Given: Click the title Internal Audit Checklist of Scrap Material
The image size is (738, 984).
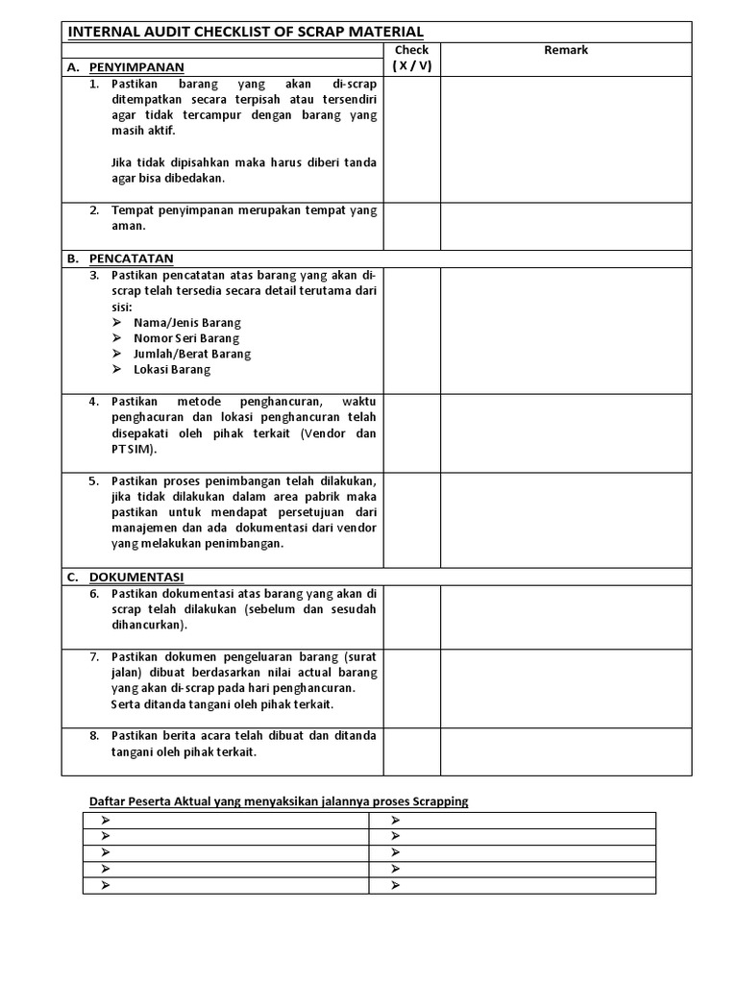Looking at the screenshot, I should click(x=245, y=32).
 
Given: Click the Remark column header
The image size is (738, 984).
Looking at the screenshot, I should click(x=566, y=50).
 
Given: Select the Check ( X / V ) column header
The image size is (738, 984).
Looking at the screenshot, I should click(x=411, y=58).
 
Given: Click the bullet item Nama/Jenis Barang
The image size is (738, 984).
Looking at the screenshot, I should click(x=187, y=323).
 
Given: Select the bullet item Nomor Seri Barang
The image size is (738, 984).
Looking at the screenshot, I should click(x=186, y=338).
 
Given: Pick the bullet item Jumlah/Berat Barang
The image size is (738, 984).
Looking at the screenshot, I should click(x=192, y=354).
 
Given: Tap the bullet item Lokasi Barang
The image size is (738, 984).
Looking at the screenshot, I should click(x=172, y=369).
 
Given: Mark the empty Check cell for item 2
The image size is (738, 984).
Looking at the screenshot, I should click(x=411, y=226).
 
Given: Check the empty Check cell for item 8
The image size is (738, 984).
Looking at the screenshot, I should click(x=411, y=750).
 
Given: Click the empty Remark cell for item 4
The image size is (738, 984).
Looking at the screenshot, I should click(x=566, y=432).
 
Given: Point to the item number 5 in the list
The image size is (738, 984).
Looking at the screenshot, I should click(x=94, y=480).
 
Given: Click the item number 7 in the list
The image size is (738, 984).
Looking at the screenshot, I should click(x=94, y=656).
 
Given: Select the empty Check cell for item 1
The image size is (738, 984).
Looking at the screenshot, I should click(x=411, y=139).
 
